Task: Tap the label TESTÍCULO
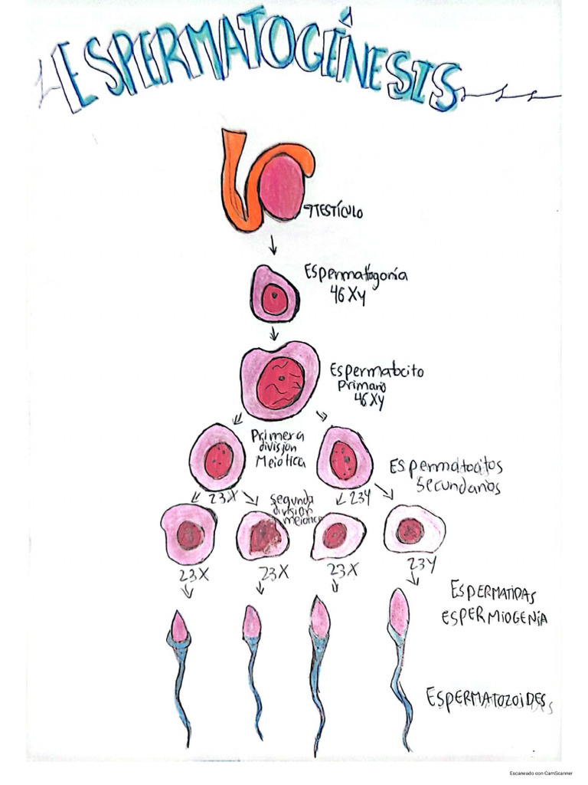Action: point(335,209)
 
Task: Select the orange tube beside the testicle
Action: point(237,184)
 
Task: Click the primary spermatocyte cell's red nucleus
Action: point(279,382)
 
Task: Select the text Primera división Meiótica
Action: point(279,449)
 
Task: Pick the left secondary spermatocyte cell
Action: point(218,457)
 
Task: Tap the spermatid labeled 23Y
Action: point(413,529)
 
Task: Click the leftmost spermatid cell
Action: point(188,534)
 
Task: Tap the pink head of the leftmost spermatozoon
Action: point(179,627)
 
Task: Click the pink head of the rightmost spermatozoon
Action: point(399,612)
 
